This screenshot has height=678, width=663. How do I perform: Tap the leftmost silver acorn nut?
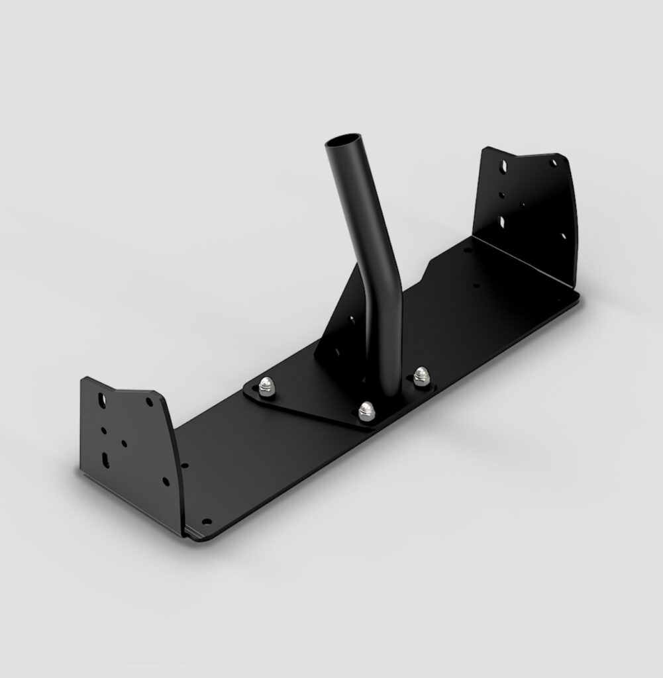(266, 385)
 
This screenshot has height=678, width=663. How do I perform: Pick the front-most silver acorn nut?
(366, 410)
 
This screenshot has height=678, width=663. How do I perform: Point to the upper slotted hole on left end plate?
(102, 400)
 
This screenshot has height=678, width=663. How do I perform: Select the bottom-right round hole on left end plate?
(165, 481)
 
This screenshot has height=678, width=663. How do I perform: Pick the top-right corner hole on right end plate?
(553, 162)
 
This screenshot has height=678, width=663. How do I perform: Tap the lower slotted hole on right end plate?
(501, 221)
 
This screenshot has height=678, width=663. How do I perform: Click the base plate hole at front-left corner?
(206, 522)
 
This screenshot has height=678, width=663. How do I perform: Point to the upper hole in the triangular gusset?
(351, 320)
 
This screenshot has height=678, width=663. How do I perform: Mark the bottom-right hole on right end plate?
(564, 235)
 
